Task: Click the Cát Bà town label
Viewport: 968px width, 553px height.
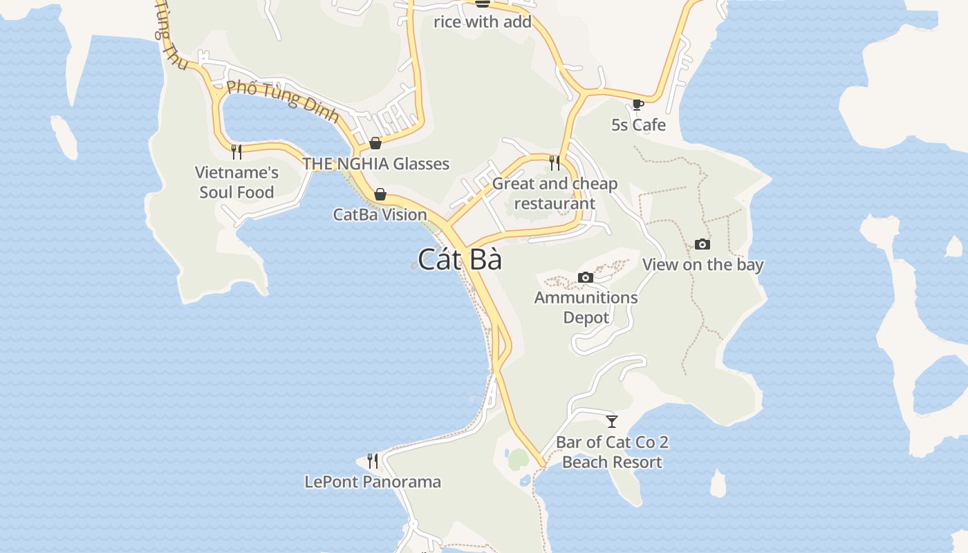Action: click(460, 260)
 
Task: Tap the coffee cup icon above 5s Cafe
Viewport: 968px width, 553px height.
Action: click(637, 105)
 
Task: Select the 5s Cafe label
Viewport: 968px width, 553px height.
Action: click(638, 125)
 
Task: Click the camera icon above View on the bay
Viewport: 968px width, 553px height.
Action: click(702, 244)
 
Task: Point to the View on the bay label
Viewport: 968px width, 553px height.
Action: click(702, 265)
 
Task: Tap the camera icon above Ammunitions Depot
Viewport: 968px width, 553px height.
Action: click(585, 277)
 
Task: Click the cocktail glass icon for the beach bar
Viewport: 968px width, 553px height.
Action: click(611, 421)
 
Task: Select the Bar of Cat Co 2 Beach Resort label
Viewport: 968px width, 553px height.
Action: click(612, 452)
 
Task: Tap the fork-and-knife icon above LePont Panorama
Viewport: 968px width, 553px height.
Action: click(372, 460)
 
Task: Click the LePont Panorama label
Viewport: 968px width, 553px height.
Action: click(373, 482)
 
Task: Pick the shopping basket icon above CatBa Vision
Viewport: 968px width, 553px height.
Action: click(380, 194)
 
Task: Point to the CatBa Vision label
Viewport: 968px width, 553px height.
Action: click(380, 215)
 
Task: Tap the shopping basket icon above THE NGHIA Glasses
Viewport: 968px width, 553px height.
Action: click(375, 143)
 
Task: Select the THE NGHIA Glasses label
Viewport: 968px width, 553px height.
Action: click(376, 164)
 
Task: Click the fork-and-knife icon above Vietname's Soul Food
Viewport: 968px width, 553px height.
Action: click(236, 151)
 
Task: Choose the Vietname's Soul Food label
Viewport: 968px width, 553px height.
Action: click(236, 182)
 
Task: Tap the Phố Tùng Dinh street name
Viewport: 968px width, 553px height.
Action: click(283, 100)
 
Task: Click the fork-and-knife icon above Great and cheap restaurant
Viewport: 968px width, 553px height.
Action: click(554, 162)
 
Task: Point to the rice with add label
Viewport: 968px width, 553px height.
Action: click(483, 22)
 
